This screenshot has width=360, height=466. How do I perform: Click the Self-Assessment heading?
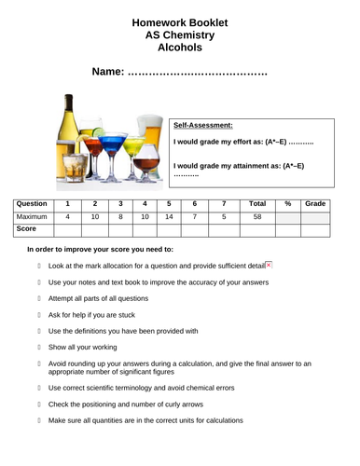coord(203,125)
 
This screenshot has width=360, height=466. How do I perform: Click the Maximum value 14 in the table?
coord(169,216)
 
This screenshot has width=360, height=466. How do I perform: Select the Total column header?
coord(258,203)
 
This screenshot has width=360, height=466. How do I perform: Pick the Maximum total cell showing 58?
coord(258,216)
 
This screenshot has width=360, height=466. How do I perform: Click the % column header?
coord(288,203)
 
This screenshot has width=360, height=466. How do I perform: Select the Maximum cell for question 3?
coord(120,216)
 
